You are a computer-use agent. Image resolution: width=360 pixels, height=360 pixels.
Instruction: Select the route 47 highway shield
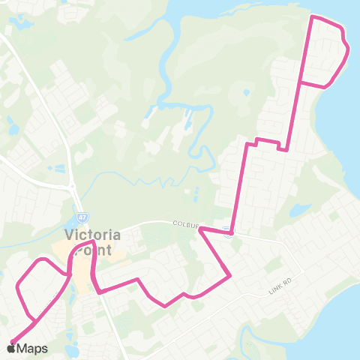pos(80,216)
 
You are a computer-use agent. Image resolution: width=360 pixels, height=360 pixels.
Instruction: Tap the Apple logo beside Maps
pos(12,347)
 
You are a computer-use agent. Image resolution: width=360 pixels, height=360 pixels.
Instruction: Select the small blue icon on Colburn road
pos(227,231)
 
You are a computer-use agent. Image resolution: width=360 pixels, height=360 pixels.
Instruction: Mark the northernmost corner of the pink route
pos(313,16)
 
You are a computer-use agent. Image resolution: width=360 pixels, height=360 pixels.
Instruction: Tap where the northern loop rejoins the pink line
pos(300,81)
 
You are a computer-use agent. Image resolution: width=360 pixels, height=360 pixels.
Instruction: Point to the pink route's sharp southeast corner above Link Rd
pos(230,275)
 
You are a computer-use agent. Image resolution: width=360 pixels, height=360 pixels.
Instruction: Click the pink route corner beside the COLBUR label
pos(200,232)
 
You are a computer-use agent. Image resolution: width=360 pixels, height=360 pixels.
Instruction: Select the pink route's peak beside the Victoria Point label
pos(91,242)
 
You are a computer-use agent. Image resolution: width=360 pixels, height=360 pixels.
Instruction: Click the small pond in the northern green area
pos(246,93)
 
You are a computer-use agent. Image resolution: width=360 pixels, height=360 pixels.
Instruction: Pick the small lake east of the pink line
pos(299,209)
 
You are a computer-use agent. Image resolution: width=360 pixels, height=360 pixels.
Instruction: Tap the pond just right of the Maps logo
pos(72,349)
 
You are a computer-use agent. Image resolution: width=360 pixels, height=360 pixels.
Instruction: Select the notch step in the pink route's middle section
pos(256,140)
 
